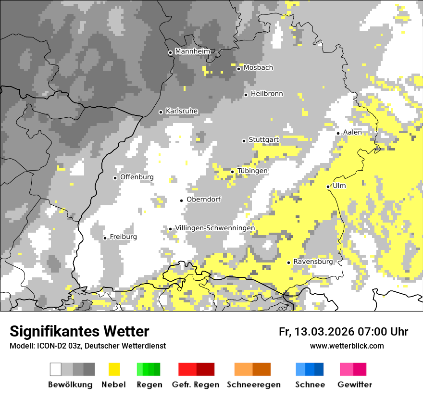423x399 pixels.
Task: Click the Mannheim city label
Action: pyautogui.click(x=192, y=51)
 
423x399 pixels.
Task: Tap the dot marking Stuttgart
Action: pyautogui.click(x=244, y=141)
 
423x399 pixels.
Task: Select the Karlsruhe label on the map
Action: pyautogui.click(x=181, y=111)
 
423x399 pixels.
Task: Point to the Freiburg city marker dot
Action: pyautogui.click(x=105, y=238)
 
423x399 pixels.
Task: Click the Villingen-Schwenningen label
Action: pyautogui.click(x=215, y=228)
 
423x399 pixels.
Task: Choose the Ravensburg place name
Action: pyautogui.click(x=313, y=262)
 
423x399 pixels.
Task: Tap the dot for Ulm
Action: pyautogui.click(x=328, y=187)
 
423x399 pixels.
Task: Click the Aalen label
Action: pyautogui.click(x=352, y=132)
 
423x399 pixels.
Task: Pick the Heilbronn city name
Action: pyautogui.click(x=267, y=94)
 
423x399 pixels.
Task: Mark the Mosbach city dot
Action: pyautogui.click(x=238, y=69)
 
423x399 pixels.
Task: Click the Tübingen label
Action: pyautogui.click(x=252, y=171)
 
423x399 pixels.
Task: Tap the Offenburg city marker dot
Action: pyautogui.click(x=115, y=178)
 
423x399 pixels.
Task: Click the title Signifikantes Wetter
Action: pyautogui.click(x=79, y=332)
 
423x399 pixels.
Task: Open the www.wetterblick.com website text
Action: pyautogui.click(x=347, y=346)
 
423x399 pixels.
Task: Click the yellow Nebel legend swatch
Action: pyautogui.click(x=114, y=369)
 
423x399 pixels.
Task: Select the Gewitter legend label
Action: pyautogui.click(x=355, y=385)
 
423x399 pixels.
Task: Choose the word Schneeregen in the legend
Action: pyautogui.click(x=253, y=385)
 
